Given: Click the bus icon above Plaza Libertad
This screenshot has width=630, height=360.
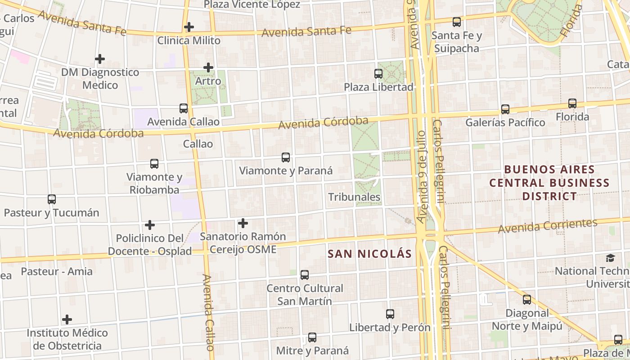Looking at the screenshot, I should [x=378, y=73].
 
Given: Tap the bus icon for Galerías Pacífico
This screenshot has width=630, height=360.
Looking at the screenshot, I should [x=505, y=109].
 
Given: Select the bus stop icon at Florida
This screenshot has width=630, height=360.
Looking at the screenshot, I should [x=572, y=103].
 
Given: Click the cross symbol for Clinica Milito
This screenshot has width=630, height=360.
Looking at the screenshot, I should [x=189, y=27].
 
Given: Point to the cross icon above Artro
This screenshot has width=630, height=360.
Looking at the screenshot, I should [x=208, y=67].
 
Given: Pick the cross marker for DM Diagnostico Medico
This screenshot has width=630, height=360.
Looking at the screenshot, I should [x=100, y=58].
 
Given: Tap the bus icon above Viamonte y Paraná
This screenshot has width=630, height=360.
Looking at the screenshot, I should [x=286, y=157].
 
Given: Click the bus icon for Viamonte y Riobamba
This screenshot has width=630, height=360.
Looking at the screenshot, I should [x=154, y=164].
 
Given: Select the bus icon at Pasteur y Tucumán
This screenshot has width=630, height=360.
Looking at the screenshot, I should [x=52, y=199].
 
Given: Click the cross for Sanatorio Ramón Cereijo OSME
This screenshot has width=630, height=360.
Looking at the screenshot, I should [x=243, y=223].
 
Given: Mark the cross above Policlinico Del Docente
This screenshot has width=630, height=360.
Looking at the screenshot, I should [x=150, y=225].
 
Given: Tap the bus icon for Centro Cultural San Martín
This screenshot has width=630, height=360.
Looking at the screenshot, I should [x=305, y=274].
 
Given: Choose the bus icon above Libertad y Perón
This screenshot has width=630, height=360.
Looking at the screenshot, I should [x=390, y=314].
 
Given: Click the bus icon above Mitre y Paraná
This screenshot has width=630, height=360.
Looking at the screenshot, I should [x=312, y=337].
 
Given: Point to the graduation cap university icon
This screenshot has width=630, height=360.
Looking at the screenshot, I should [x=610, y=258].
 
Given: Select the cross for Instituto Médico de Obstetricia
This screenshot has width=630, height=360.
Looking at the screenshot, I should [x=67, y=319].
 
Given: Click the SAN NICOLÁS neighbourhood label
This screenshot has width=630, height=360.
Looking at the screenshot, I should [x=369, y=254].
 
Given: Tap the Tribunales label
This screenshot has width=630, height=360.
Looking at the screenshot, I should [x=354, y=197].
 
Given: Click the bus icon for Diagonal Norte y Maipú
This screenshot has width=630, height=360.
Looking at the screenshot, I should [x=527, y=299].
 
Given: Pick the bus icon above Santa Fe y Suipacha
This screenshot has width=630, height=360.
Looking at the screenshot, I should [x=457, y=22].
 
